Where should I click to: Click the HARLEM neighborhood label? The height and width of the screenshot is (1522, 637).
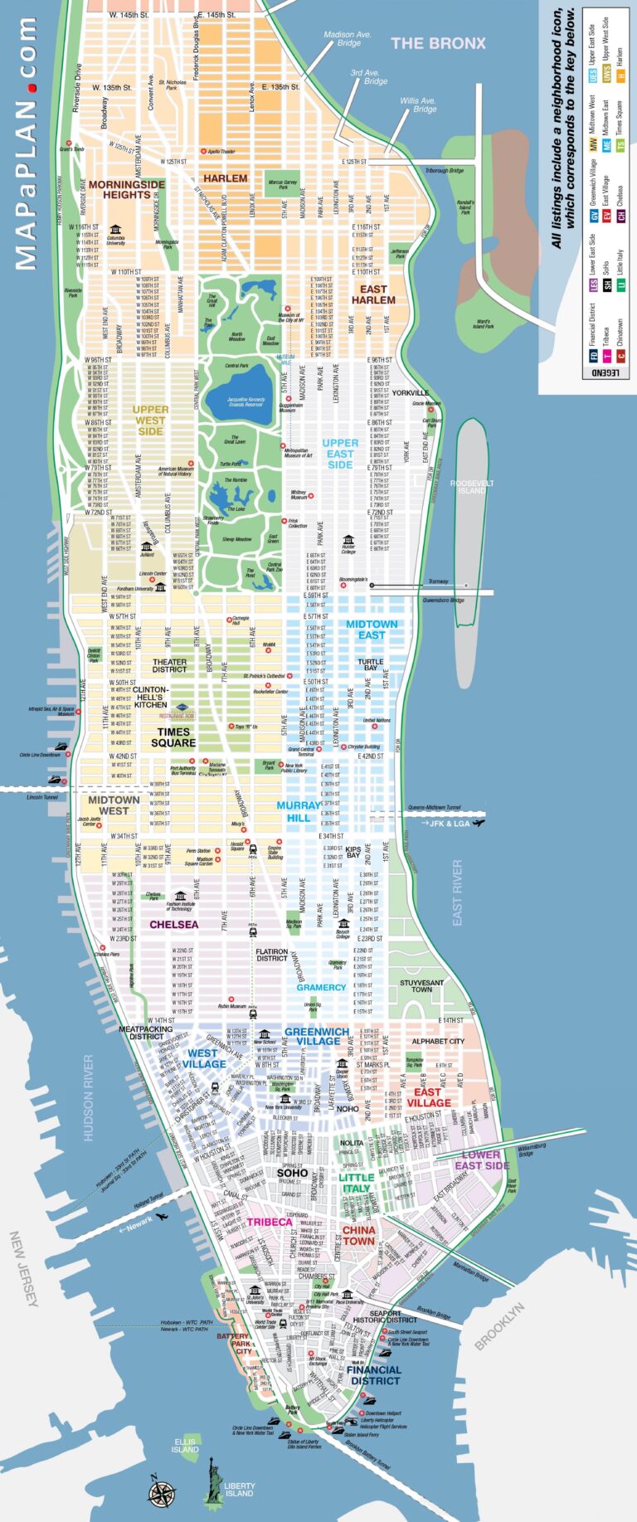(x=225, y=178)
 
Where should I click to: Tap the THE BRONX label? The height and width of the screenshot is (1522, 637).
(x=438, y=43)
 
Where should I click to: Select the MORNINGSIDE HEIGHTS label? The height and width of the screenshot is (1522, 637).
(x=126, y=189)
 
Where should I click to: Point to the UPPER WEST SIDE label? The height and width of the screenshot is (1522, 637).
(x=150, y=421)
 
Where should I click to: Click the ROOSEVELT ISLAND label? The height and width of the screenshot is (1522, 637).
(x=472, y=487)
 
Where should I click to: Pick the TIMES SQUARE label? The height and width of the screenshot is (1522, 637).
(x=173, y=737)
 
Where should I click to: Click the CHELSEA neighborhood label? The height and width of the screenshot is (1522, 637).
(x=173, y=924)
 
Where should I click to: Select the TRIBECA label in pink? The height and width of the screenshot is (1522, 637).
(x=270, y=1223)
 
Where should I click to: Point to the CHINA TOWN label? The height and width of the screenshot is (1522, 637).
(x=358, y=1236)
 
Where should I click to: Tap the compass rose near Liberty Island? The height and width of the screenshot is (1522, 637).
(x=161, y=1491)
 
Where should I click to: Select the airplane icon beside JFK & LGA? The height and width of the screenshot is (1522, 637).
(x=479, y=823)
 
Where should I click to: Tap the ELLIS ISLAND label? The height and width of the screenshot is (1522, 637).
(x=185, y=1446)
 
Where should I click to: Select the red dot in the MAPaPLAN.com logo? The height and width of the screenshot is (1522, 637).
(x=30, y=86)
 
